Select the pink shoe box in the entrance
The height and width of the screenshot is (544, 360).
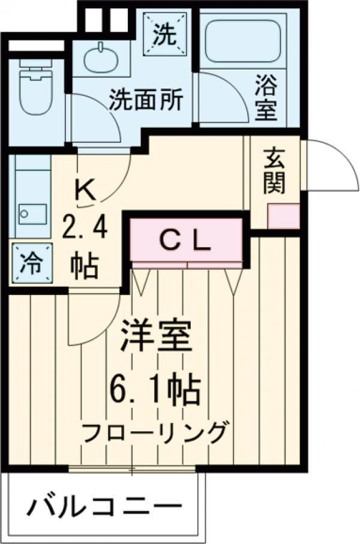[283, 217]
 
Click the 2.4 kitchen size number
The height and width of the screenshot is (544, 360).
[84, 229]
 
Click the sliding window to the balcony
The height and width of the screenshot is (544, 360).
[133, 468]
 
